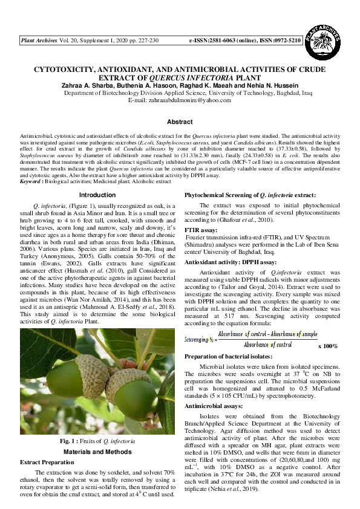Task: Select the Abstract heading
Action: [x=180, y=122]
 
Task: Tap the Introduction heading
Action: [x=97, y=195]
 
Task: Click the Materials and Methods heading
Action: [x=97, y=452]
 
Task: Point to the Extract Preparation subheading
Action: [x=47, y=462]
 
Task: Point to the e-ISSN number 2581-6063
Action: [x=229, y=41]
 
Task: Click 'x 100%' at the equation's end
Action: [x=310, y=346]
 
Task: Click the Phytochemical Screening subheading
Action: [x=249, y=196]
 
